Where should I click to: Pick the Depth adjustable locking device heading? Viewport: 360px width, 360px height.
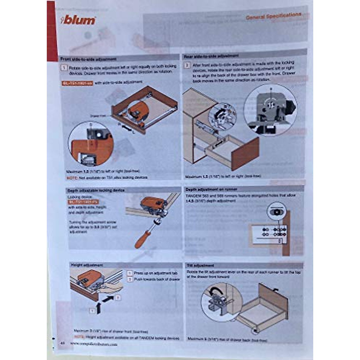(96, 190)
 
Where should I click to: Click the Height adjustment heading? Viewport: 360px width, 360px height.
(87, 265)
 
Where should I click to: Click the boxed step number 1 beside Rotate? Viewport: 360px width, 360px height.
(64, 67)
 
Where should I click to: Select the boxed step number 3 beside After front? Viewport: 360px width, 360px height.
(187, 65)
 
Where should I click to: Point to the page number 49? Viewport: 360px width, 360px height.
(63, 343)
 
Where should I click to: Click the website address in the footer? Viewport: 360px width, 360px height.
(94, 344)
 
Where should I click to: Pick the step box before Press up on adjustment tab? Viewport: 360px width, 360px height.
(130, 273)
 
